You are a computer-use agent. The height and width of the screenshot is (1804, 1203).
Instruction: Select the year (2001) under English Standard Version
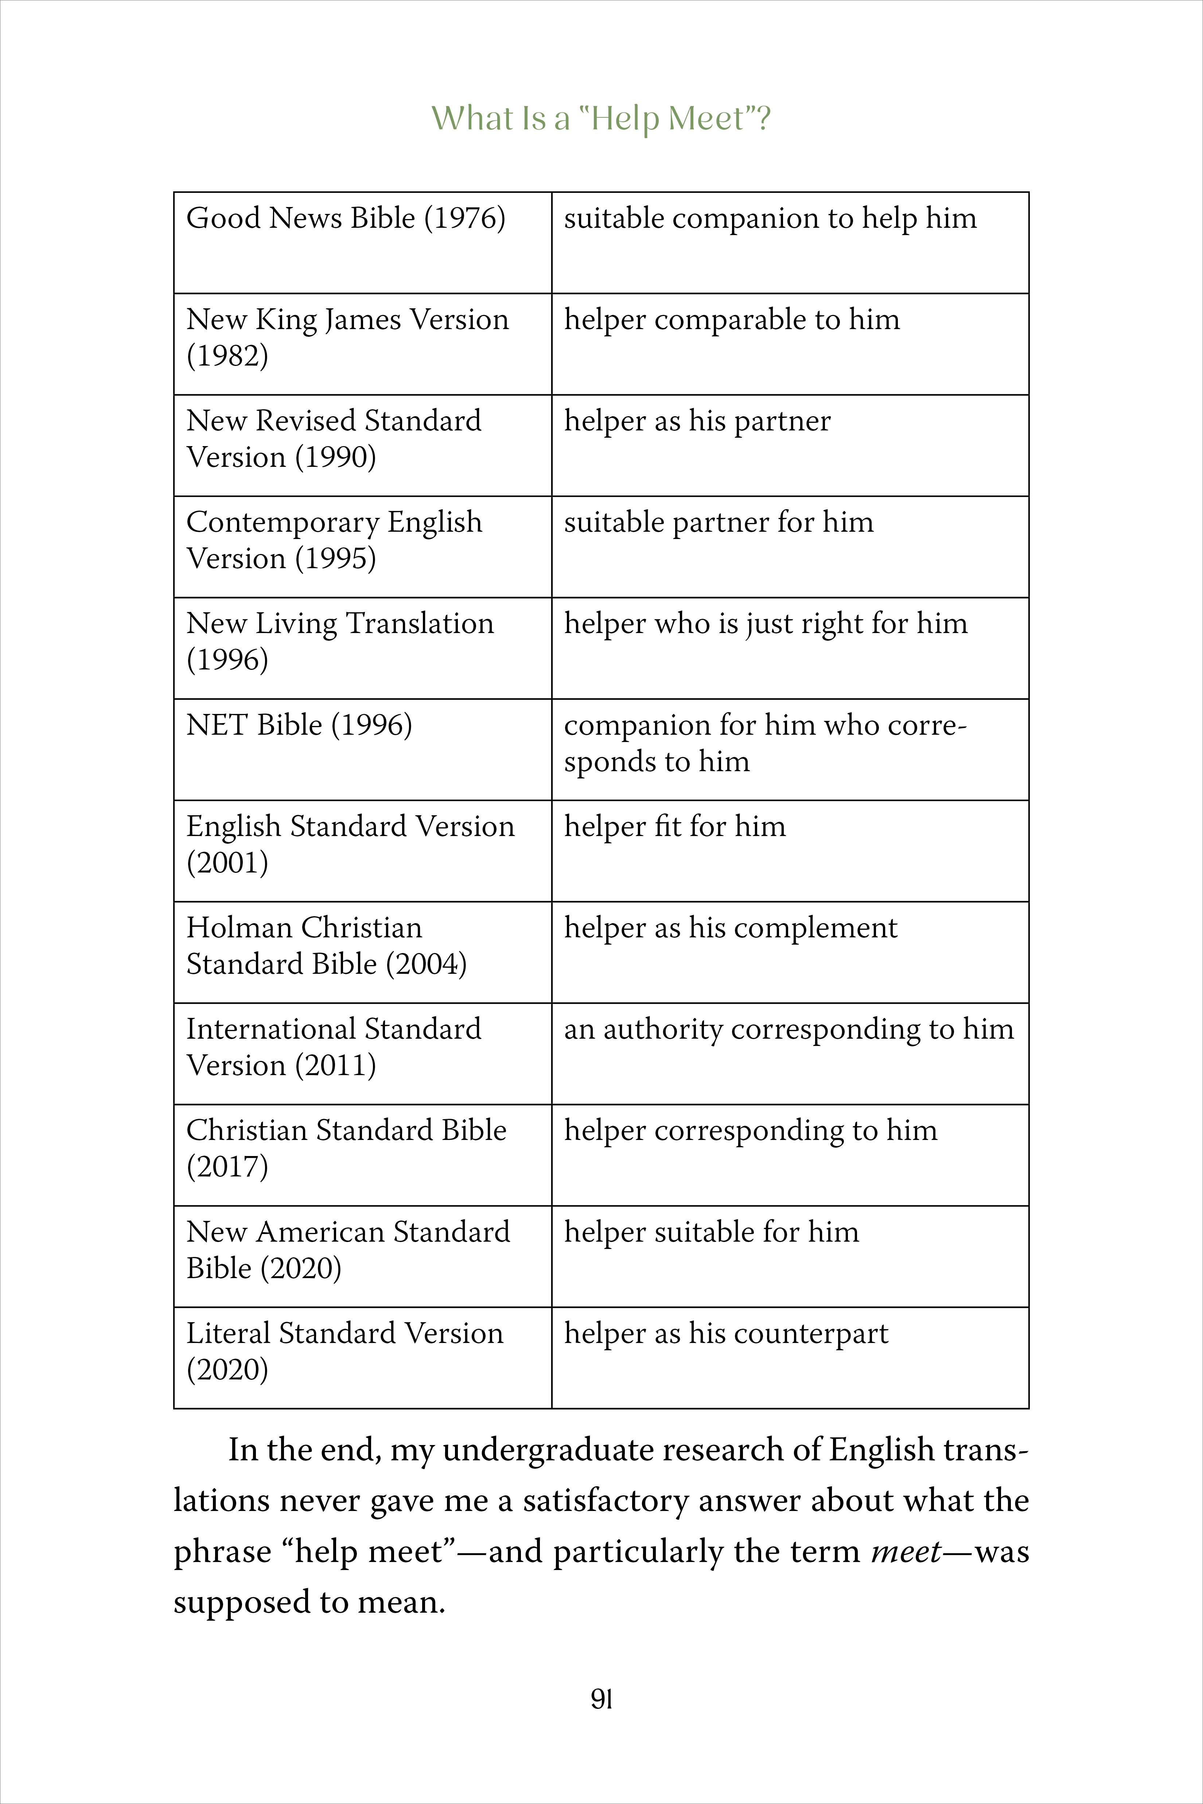tap(227, 863)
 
